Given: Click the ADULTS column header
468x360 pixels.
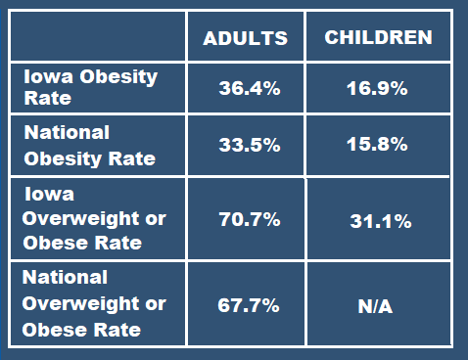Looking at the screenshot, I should tap(245, 38).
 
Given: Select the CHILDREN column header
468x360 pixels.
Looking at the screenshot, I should tap(378, 38).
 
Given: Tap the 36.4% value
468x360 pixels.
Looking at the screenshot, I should tap(249, 89).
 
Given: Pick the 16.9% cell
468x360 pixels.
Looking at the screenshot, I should tap(378, 89).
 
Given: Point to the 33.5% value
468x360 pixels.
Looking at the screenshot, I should tap(249, 146).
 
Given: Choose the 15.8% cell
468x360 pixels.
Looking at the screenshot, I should tap(378, 146).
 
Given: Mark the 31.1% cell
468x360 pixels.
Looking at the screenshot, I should tap(380, 222).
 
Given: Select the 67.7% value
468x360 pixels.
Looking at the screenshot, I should tap(249, 304).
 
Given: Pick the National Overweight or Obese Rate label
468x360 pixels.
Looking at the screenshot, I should tap(94, 303).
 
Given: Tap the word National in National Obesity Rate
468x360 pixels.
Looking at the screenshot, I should tap(66, 132).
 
